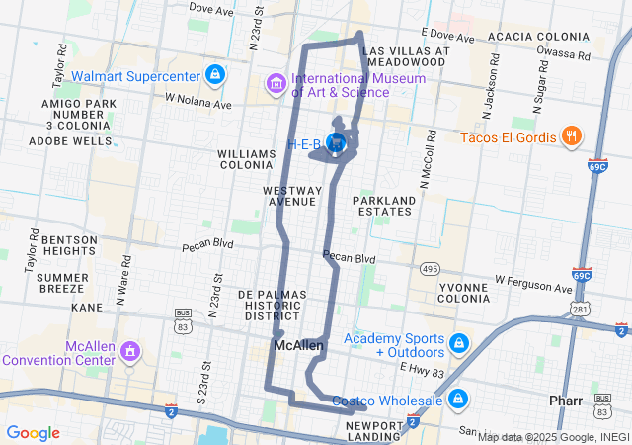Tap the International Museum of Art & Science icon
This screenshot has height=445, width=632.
(x=276, y=86)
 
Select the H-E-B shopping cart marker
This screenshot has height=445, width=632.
(x=337, y=144)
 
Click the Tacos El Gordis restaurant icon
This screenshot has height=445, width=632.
(x=571, y=136)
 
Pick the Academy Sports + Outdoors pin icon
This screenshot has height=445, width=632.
(x=458, y=344)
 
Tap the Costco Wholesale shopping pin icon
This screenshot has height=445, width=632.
(x=457, y=400)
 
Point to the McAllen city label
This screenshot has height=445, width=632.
(x=298, y=346)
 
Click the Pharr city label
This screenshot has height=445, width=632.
(x=568, y=401)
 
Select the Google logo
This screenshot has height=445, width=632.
(x=34, y=433)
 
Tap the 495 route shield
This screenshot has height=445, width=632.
(x=429, y=268)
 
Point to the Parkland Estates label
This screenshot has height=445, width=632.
(x=384, y=205)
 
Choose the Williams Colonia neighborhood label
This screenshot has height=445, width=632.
(x=246, y=160)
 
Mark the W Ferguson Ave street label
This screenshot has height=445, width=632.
(x=533, y=288)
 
